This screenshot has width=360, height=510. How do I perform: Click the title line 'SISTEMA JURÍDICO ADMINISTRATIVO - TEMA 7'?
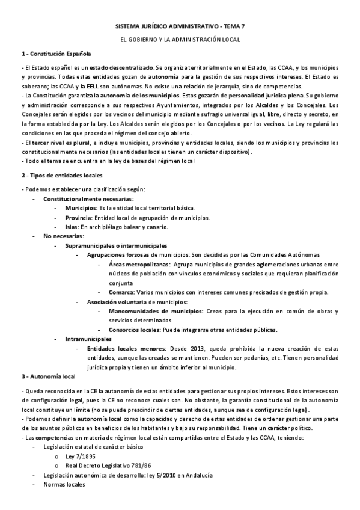[x=180, y=28]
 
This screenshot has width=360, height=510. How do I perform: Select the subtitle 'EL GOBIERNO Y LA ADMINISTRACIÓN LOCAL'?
[x=180, y=40]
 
